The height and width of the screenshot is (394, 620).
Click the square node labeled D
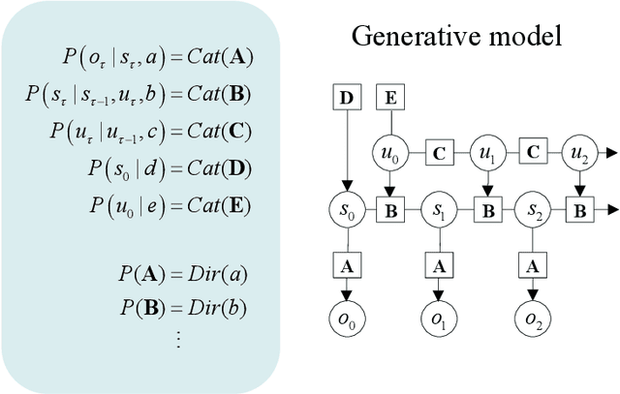(346, 97)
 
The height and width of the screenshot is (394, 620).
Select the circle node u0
(387, 153)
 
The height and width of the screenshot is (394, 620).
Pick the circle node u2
(578, 153)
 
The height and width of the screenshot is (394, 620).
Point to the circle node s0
(346, 209)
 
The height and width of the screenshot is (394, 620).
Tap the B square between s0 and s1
(388, 209)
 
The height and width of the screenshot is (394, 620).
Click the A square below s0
(346, 264)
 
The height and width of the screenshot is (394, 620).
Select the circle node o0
(346, 319)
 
